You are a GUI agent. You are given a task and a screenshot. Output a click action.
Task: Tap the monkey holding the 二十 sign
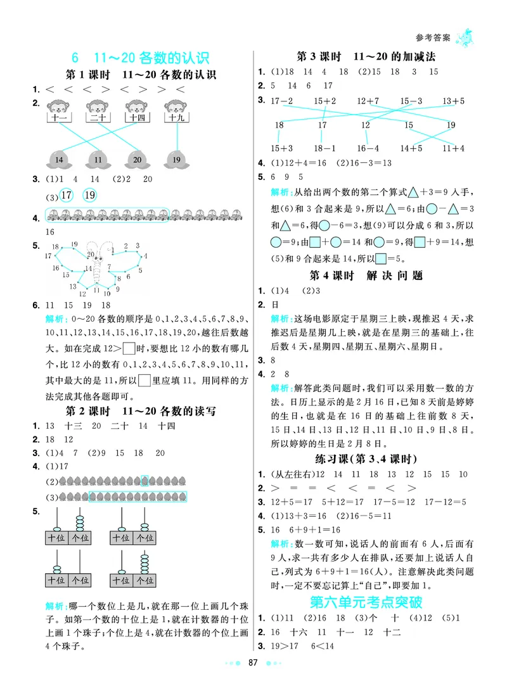point(97,108)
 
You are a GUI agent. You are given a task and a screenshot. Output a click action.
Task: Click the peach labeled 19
point(176,159)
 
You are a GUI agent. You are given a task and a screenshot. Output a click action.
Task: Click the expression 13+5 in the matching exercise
point(454,101)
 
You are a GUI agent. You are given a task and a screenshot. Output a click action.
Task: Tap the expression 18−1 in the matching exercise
point(324,148)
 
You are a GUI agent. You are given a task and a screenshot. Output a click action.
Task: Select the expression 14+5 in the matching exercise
point(411,148)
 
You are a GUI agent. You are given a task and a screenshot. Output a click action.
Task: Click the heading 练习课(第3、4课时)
point(366,459)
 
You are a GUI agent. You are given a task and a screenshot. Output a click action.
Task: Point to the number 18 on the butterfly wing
point(55,247)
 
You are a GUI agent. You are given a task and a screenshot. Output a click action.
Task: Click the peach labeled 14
point(60,159)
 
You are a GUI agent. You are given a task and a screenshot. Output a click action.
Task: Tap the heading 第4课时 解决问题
point(366,275)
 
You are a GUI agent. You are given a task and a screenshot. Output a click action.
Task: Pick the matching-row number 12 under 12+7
point(366,125)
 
